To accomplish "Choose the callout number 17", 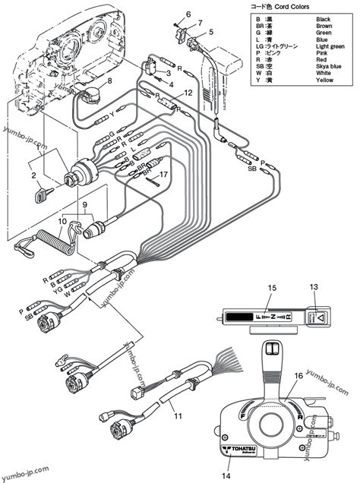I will tap(163, 174).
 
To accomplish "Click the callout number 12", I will tap(188, 92).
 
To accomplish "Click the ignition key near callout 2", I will tap(39, 195).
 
